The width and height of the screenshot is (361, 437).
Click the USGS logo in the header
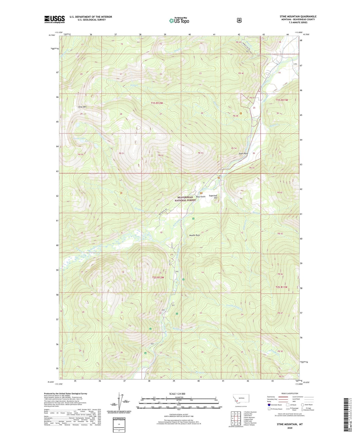pyautogui.click(x=54, y=19)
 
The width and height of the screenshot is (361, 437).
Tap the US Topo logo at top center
pyautogui.click(x=179, y=21)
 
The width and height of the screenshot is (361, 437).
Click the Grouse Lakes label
pyautogui.click(x=79, y=138)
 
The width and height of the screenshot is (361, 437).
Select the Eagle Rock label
pyautogui.click(x=243, y=153)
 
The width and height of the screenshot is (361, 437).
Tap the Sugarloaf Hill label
pyautogui.click(x=213, y=197)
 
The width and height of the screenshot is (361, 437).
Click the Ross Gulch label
pyautogui.click(x=201, y=197)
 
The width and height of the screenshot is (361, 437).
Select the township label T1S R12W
pyautogui.click(x=157, y=103)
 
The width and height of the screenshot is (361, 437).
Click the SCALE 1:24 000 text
pyautogui.click(x=177, y=394)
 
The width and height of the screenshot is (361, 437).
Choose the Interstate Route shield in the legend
pyautogui.click(x=269, y=405)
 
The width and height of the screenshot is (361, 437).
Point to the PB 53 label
pyautogui.click(x=200, y=153)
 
